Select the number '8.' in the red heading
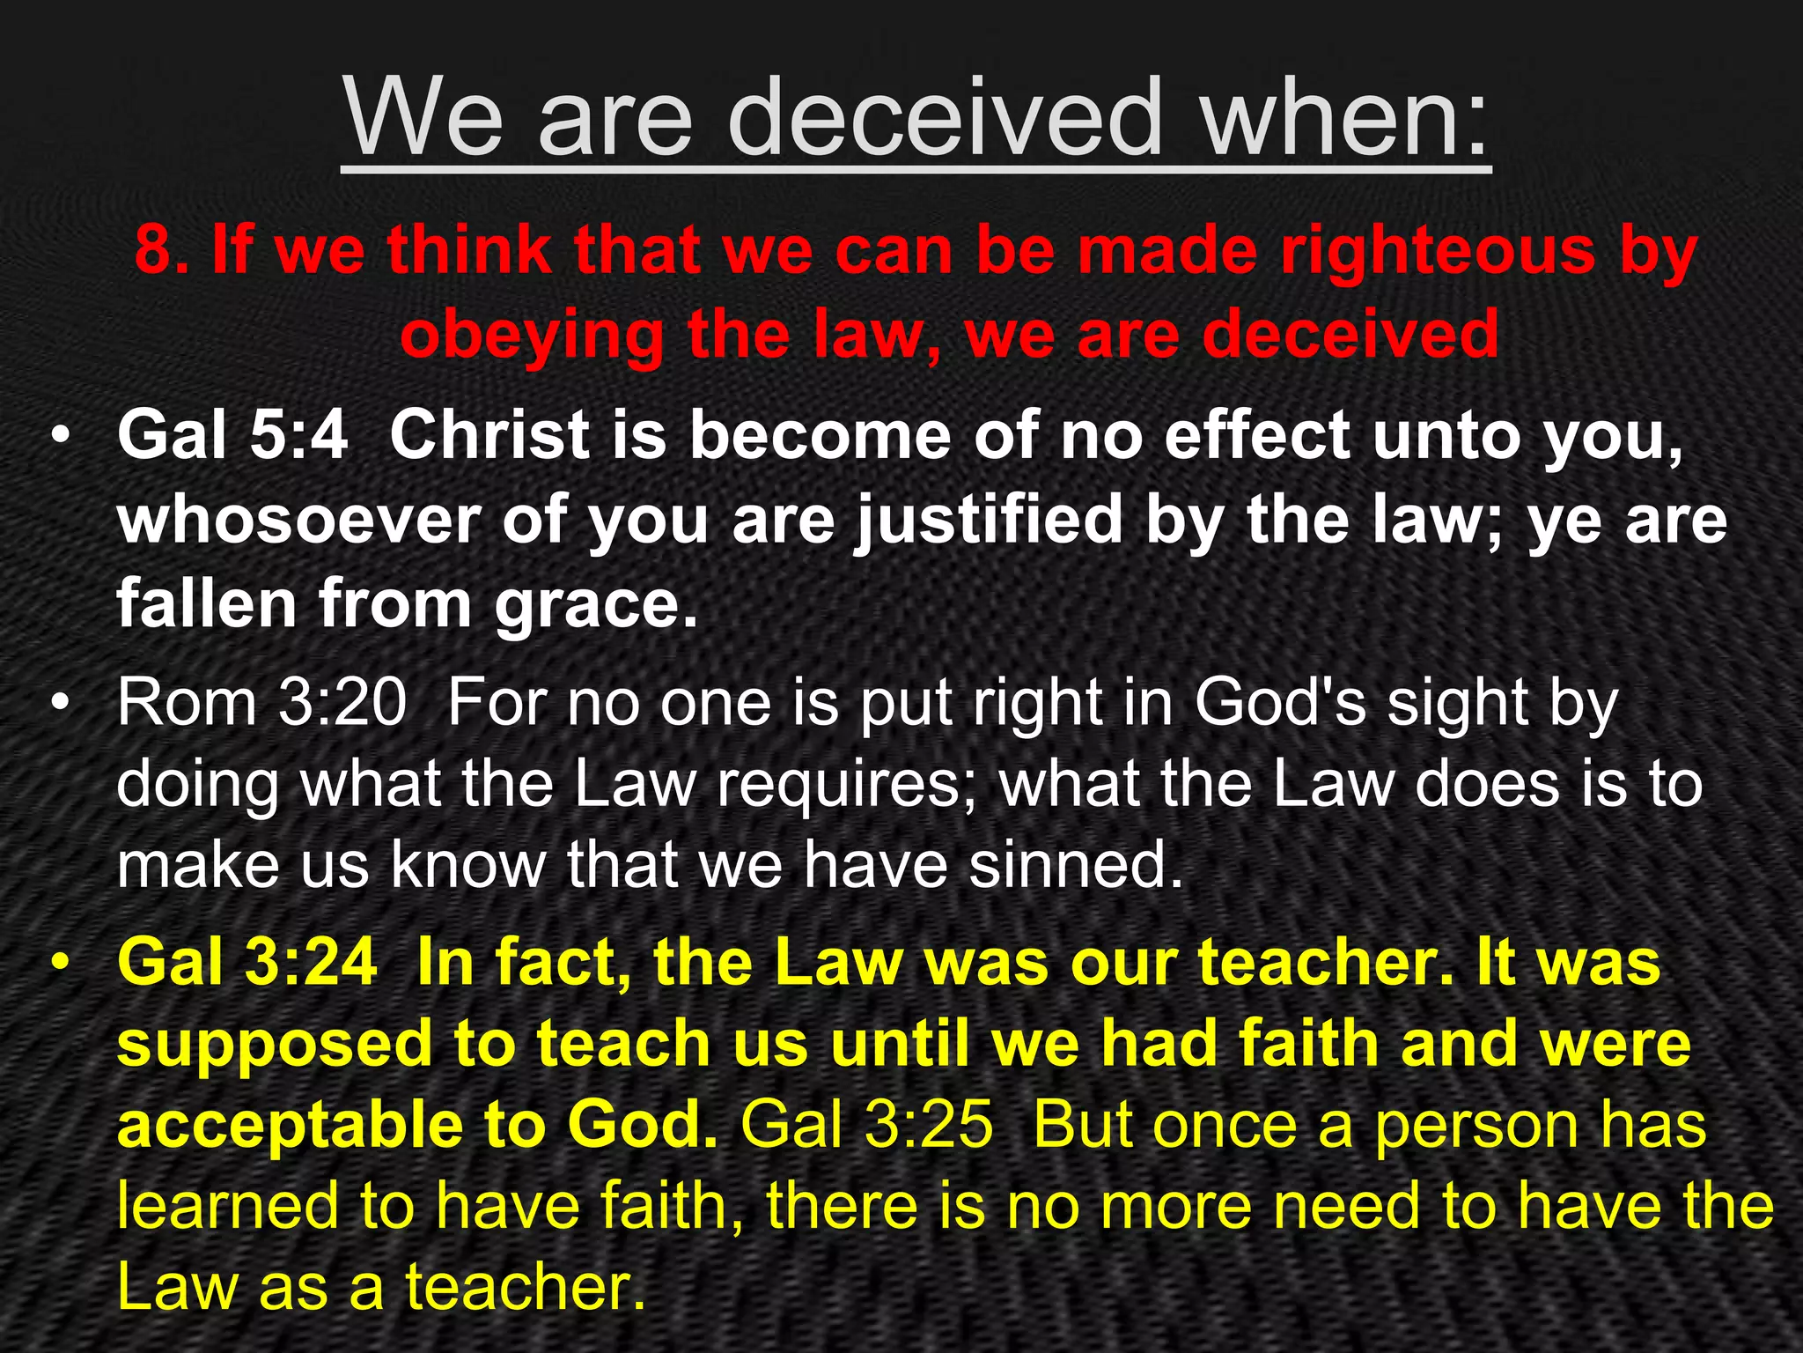[160, 251]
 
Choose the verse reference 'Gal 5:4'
[232, 435]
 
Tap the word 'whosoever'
[298, 520]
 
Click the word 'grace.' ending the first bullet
[596, 604]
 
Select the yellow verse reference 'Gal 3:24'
[247, 962]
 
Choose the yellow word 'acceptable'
[289, 1127]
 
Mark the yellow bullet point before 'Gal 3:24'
[59, 964]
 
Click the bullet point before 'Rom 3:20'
[59, 705]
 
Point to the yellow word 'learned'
[227, 1206]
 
